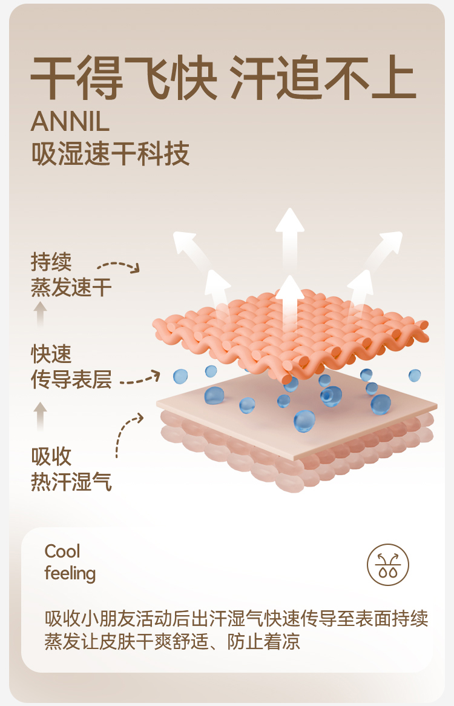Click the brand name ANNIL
70,122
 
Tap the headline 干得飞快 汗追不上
223,78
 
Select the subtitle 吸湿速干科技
110,153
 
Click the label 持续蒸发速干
71,275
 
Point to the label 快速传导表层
71,367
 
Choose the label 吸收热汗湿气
71,469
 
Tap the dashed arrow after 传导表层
140,379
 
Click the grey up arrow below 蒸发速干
41,314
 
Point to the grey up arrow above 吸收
41,416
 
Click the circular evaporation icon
388,565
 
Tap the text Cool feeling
70,562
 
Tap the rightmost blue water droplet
415,375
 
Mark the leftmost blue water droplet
180,376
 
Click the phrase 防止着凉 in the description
264,642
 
